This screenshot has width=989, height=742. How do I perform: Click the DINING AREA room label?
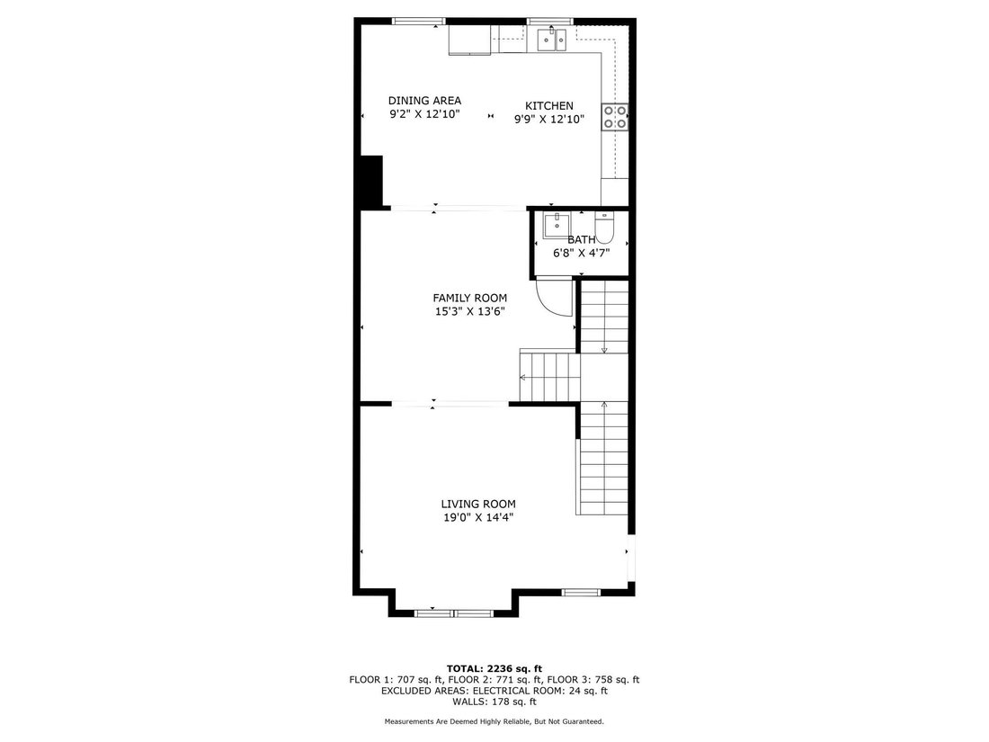(x=424, y=101)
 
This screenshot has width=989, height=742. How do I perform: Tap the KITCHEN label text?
(x=549, y=106)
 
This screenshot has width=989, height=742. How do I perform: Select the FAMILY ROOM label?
(x=470, y=298)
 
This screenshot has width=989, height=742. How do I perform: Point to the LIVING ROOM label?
(x=478, y=504)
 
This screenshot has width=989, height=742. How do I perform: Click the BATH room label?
(x=582, y=240)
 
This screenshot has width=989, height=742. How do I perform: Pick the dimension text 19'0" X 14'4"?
(x=478, y=517)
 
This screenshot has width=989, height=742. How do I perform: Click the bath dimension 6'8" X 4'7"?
(x=582, y=253)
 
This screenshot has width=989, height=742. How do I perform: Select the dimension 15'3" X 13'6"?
(x=470, y=311)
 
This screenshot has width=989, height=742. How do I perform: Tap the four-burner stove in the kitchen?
(x=615, y=117)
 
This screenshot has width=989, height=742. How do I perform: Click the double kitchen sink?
(x=553, y=40)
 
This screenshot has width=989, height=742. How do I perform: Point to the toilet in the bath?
(x=604, y=228)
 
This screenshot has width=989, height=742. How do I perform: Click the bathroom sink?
(x=557, y=226)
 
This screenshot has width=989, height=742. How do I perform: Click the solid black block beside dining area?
(x=371, y=181)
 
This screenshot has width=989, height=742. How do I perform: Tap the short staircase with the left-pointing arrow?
(x=549, y=377)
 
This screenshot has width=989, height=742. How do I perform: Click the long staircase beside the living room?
(x=604, y=459)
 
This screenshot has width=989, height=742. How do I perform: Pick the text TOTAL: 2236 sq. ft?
(x=494, y=669)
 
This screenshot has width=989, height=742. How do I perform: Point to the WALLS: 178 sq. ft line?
(x=494, y=702)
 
